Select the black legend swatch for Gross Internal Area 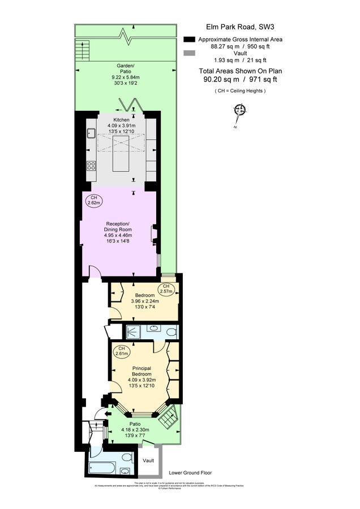coord(189,40)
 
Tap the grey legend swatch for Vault coord(189,53)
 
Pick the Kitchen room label coord(122,120)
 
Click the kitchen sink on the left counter coord(91,133)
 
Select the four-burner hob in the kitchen coord(91,166)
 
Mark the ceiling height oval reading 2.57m coord(166,289)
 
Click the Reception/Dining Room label coord(118,226)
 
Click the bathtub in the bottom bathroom coord(102,468)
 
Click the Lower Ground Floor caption coord(190,472)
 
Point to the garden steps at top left coord(82,52)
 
